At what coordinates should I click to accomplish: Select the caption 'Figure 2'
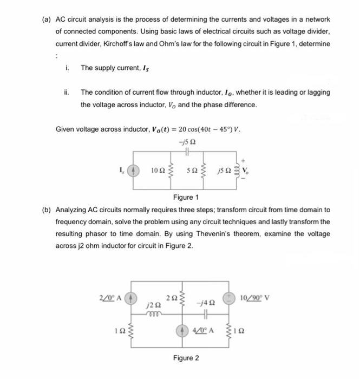[x=186, y=358]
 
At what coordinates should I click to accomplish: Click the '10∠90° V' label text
[x=262, y=297]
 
